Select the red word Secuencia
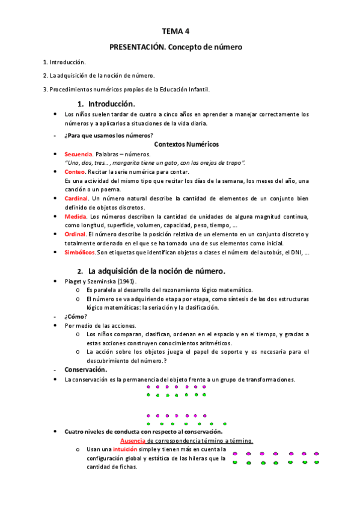78,155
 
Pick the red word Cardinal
76,198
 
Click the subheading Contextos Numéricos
186,144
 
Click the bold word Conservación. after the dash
86,369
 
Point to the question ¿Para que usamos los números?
109,135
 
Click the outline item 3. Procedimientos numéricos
126,90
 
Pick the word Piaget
74,281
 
